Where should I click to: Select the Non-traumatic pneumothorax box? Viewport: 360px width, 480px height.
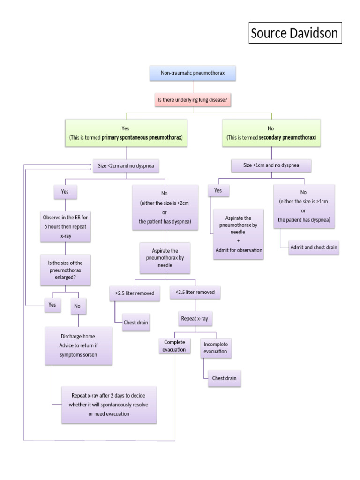click(x=193, y=73)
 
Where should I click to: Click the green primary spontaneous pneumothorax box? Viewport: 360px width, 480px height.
click(x=126, y=133)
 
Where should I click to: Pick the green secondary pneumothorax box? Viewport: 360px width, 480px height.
click(x=271, y=133)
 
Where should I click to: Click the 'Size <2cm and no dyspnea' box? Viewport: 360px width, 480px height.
click(x=126, y=165)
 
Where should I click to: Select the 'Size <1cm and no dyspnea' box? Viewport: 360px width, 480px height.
click(x=271, y=165)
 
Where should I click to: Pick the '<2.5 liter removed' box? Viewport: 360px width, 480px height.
click(x=195, y=292)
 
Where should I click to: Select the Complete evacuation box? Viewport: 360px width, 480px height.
click(x=174, y=345)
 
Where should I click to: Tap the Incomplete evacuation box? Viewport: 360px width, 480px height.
click(x=215, y=348)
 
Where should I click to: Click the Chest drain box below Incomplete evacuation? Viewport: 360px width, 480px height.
click(x=225, y=378)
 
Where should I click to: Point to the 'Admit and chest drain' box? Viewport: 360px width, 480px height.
click(x=314, y=247)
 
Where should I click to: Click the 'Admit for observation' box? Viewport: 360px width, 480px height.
click(x=239, y=234)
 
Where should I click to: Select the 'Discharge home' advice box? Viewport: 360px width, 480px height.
click(x=78, y=345)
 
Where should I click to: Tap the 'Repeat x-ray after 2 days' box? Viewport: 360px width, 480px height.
click(x=109, y=404)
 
